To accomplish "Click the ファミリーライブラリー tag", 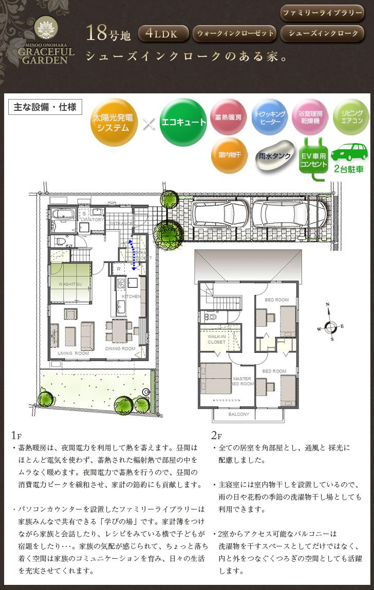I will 323,12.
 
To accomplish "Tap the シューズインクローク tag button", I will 323,34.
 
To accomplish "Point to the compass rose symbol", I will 331,325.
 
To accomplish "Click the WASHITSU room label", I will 70,283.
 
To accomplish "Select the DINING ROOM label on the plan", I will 121,349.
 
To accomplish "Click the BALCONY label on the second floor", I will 238,414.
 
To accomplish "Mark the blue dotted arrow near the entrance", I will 133,254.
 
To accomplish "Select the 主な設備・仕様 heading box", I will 45,107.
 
